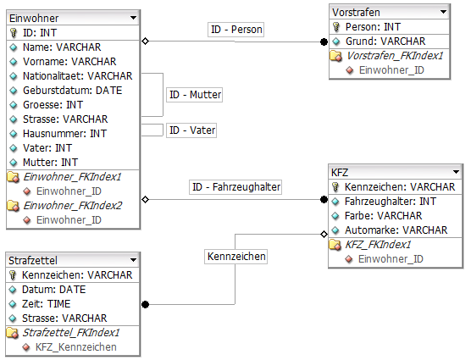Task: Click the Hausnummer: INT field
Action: click(64, 133)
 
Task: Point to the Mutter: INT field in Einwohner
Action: click(50, 162)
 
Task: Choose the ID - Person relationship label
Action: click(237, 30)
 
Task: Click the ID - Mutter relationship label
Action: click(193, 95)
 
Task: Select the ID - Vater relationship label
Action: click(192, 130)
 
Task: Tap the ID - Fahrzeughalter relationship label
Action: click(235, 186)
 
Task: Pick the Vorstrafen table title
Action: click(356, 13)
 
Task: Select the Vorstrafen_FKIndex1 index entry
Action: click(396, 56)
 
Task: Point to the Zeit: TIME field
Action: click(50, 303)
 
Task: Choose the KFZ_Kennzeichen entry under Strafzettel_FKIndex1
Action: click(76, 347)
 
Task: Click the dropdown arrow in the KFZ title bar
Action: click(456, 172)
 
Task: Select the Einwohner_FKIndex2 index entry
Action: click(73, 205)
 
